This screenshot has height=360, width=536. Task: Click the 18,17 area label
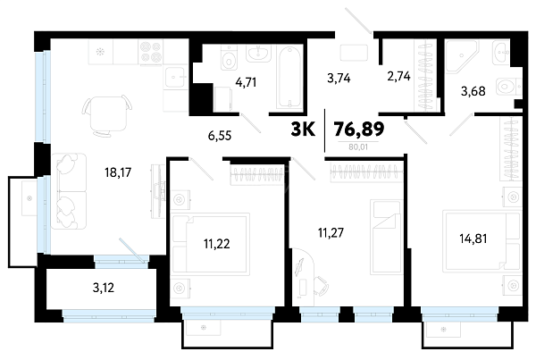(x=118, y=172)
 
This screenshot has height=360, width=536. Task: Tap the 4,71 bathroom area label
(x=246, y=82)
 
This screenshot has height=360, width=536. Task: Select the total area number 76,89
(x=359, y=129)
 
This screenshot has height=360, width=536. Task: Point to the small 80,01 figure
(x=358, y=147)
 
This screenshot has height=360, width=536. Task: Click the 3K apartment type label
(x=303, y=130)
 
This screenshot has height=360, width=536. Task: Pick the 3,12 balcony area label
(x=104, y=288)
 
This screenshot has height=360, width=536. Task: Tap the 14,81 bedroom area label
(x=473, y=239)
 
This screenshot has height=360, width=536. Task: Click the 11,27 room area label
(x=331, y=233)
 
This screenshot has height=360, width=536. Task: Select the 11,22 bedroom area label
(x=217, y=244)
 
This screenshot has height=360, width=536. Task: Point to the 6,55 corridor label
(x=220, y=136)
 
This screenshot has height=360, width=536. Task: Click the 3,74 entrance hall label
(x=339, y=79)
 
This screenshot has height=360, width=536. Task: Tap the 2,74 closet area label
(x=398, y=76)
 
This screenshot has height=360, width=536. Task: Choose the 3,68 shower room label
(x=473, y=91)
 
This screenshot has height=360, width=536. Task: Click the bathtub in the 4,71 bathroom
(x=289, y=78)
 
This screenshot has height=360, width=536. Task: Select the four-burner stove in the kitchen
(x=151, y=52)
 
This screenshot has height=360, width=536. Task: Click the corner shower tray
(x=462, y=56)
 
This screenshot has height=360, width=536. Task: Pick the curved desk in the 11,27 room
(x=303, y=277)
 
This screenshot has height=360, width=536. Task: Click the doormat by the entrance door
(x=354, y=53)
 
